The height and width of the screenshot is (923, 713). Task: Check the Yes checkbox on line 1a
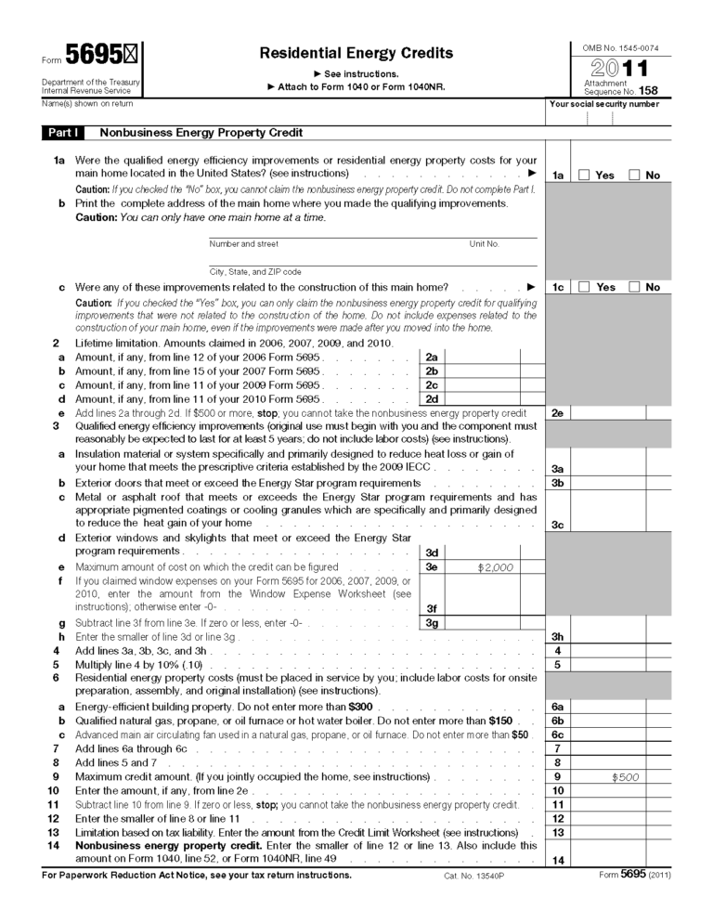pyautogui.click(x=584, y=175)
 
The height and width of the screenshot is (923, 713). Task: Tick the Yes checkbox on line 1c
pyautogui.click(x=584, y=287)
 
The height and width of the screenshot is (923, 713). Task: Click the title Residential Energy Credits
pyautogui.click(x=356, y=53)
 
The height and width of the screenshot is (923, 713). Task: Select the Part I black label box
pyautogui.click(x=64, y=133)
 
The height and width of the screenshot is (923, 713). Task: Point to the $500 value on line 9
pyautogui.click(x=625, y=777)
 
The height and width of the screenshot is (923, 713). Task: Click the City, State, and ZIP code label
pyautogui.click(x=254, y=272)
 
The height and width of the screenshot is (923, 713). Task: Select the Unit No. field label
pyautogui.click(x=484, y=244)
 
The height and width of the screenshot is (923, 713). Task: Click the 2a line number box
pyautogui.click(x=431, y=357)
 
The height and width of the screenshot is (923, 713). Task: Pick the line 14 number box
pyautogui.click(x=558, y=861)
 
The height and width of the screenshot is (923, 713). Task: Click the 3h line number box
pyautogui.click(x=558, y=637)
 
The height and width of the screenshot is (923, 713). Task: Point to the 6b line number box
pyautogui.click(x=558, y=721)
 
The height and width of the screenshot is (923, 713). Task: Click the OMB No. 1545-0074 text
pyautogui.click(x=620, y=46)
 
